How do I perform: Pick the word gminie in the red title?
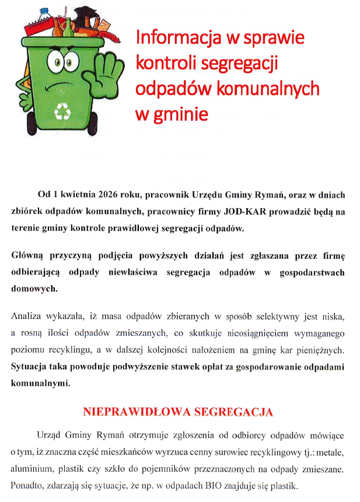point(181,113)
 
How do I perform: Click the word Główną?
point(30,255)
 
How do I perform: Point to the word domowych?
point(34,288)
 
